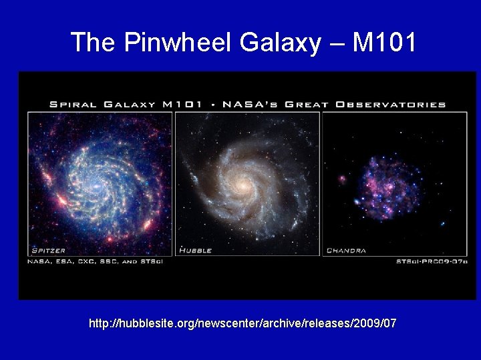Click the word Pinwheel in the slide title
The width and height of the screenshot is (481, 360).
(x=176, y=43)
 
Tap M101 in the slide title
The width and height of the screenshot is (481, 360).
(x=384, y=43)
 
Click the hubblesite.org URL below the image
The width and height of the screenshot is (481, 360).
(x=243, y=323)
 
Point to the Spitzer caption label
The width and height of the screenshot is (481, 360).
(x=47, y=251)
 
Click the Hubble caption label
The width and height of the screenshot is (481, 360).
(x=195, y=251)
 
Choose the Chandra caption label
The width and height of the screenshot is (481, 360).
(x=347, y=251)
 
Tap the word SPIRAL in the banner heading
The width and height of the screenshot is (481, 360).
(x=72, y=104)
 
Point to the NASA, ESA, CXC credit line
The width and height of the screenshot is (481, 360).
(x=95, y=261)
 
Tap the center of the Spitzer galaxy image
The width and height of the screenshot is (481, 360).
(x=100, y=181)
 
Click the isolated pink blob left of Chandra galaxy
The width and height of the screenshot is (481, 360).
(x=343, y=179)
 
